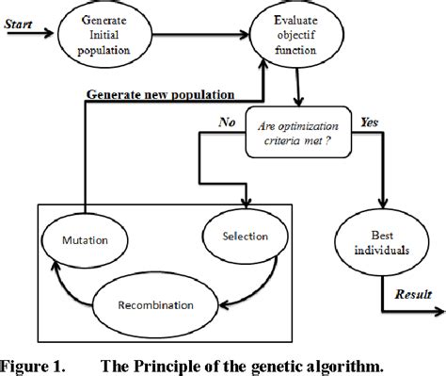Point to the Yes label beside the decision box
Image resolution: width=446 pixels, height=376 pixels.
(x=370, y=121)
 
